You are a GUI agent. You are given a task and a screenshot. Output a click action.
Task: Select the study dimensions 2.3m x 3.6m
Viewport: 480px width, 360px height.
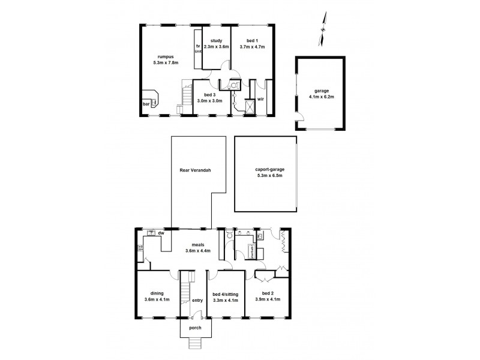[216, 46]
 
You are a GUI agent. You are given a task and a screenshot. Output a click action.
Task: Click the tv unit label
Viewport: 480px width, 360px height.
[197, 49]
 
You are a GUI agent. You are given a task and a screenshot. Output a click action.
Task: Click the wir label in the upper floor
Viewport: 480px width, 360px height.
[261, 99]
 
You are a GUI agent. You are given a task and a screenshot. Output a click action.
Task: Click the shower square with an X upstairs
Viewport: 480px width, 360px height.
[245, 106]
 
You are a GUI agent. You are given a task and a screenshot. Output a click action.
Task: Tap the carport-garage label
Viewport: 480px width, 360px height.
[265, 170]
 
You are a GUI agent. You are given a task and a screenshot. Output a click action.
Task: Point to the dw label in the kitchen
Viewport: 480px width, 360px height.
[161, 233]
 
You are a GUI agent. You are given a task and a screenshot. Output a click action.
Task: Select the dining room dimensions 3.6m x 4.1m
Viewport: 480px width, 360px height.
[157, 299]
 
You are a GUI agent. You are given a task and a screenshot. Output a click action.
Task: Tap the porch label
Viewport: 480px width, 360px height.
[195, 328]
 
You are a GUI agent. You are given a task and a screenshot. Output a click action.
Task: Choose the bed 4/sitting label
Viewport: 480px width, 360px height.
[226, 293]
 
